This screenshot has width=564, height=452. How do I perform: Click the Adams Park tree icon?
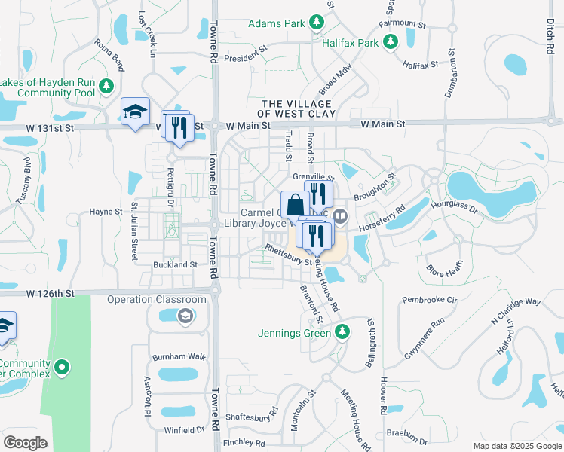point(317,23)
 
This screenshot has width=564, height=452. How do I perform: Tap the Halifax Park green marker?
point(391,43)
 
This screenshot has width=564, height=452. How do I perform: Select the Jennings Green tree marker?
point(343,332)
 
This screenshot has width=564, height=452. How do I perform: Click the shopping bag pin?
point(295,204)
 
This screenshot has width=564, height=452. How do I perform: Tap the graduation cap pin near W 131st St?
point(136,112)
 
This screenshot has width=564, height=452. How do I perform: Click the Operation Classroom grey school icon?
point(184,315)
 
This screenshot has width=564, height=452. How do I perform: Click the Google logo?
point(25,443)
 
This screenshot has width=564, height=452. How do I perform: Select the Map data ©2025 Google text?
point(517,446)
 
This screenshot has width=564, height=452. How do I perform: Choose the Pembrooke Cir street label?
point(430,300)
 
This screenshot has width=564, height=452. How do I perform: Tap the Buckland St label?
point(175,265)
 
